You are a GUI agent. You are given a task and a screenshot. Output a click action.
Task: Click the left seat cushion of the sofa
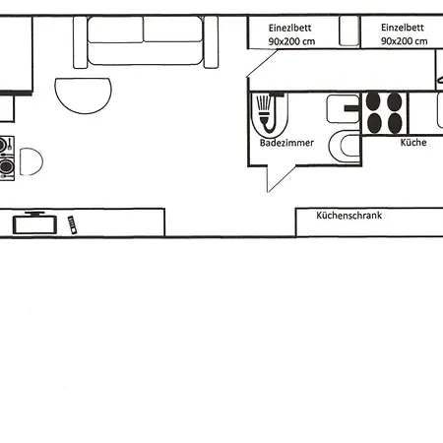116,31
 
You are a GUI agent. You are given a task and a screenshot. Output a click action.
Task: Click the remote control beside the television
72,224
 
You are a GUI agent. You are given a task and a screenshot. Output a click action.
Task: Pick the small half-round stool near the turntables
31,161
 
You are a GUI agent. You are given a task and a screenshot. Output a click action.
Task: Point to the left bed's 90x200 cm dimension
291,42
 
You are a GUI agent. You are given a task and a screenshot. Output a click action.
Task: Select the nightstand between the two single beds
347,31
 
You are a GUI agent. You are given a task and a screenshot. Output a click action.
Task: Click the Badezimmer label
286,144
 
